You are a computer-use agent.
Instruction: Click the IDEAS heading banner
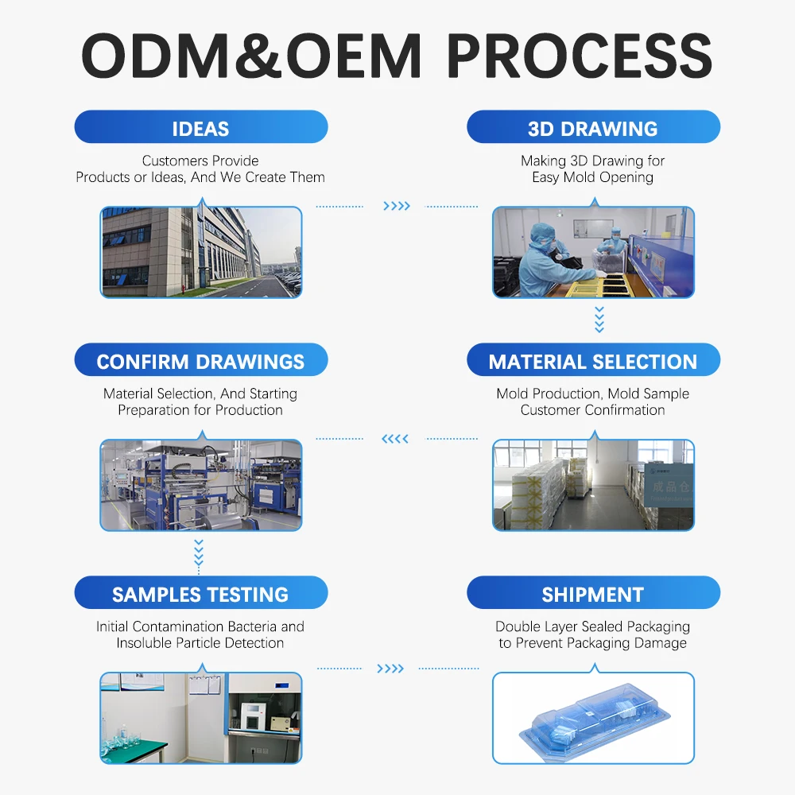[200, 128]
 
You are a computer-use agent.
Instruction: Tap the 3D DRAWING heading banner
[593, 128]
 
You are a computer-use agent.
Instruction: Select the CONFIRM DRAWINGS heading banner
[200, 361]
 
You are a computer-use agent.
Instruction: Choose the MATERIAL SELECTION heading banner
[593, 361]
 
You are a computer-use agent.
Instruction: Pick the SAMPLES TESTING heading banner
[200, 594]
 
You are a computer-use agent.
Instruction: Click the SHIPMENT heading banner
[593, 594]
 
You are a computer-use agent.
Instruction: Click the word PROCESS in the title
[579, 56]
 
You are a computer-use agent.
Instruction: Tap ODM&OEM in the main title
[251, 56]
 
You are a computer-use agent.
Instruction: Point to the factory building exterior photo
[201, 252]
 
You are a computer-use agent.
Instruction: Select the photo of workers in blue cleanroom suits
[593, 252]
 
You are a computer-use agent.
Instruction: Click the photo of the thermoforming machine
[201, 485]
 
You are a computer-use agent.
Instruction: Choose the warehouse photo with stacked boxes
[593, 485]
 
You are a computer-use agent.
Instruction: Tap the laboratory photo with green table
[201, 718]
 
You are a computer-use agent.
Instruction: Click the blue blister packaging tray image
[593, 718]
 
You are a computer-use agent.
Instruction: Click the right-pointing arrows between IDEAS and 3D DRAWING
[397, 207]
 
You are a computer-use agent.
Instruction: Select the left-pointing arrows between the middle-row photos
[395, 439]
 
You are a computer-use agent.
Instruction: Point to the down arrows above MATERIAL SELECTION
[599, 320]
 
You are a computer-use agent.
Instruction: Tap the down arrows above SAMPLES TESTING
[199, 553]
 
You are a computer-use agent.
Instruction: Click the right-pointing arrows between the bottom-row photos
[390, 669]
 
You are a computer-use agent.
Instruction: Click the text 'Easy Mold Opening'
[593, 177]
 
